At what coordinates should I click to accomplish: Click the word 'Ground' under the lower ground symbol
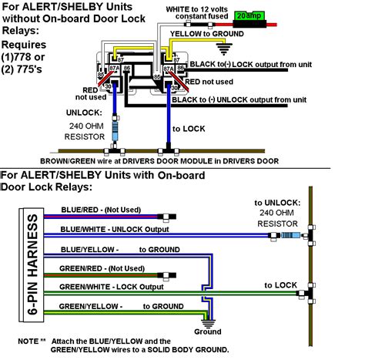(x=207, y=331)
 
